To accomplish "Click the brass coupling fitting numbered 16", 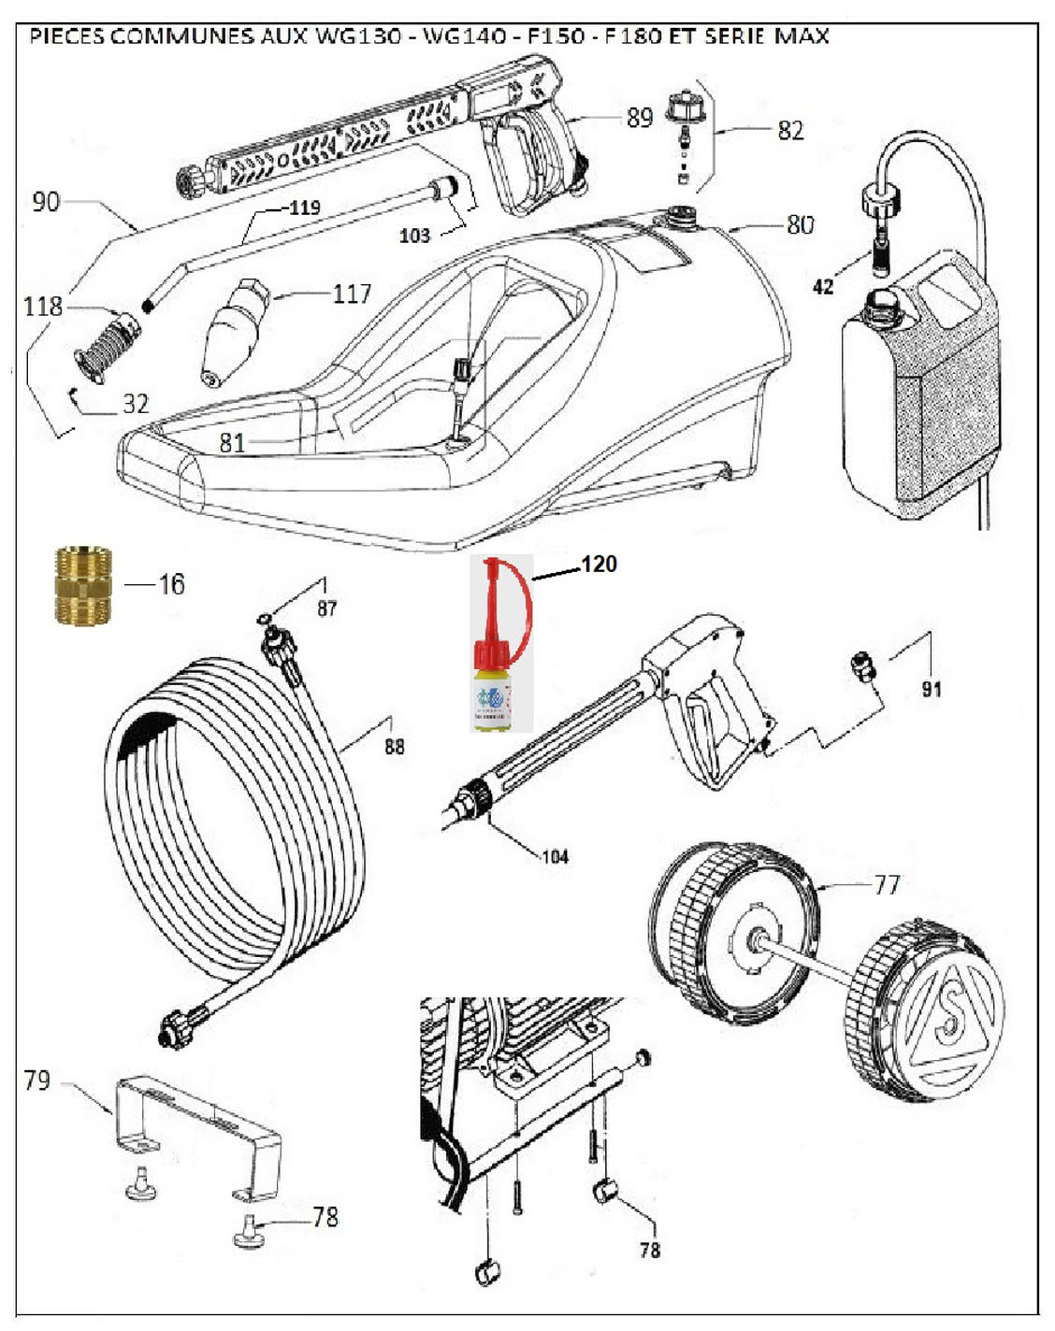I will [x=83, y=585].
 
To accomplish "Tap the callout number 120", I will [x=599, y=565].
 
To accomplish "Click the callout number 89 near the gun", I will [x=640, y=118].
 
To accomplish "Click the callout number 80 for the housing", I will [x=800, y=224].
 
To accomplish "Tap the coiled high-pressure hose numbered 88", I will [x=234, y=823].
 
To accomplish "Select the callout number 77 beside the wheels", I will [x=887, y=884].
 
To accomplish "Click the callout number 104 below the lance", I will [x=555, y=856].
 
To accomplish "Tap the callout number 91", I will [x=931, y=690].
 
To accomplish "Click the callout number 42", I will [x=823, y=287].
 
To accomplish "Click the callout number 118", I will [x=43, y=306].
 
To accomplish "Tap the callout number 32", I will [x=136, y=404].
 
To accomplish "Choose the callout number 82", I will [x=790, y=131].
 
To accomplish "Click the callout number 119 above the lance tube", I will [x=304, y=208].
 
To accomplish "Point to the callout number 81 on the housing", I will [x=232, y=442].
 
